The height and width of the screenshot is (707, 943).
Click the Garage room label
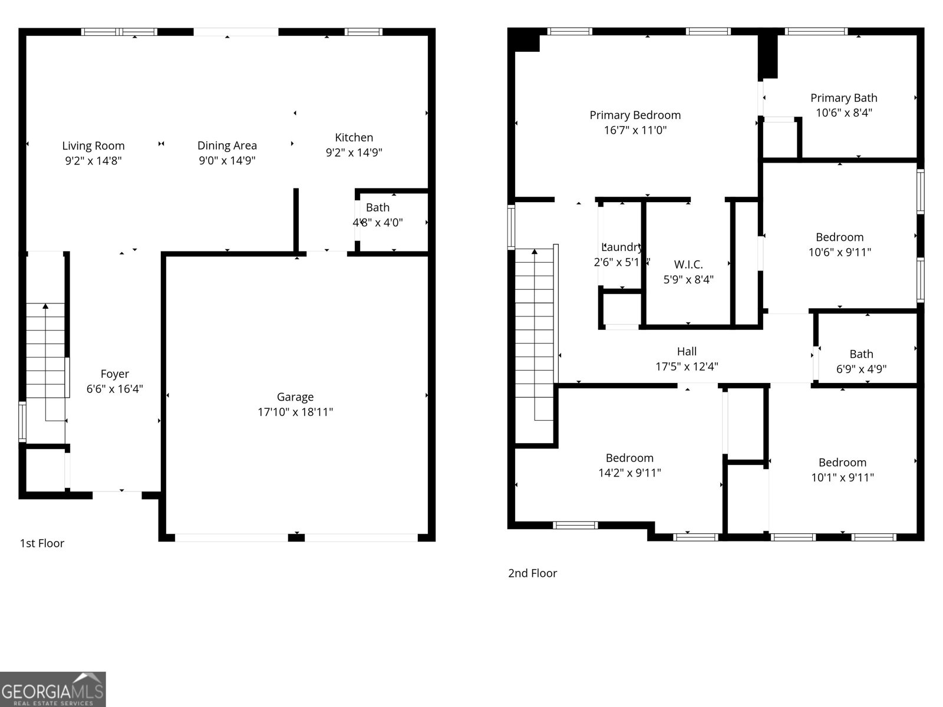coord(295,397)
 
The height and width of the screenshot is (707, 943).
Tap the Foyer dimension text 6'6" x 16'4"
coord(114,389)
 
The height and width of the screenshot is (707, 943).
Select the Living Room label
coord(93,146)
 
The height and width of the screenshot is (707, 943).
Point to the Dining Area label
coord(227,146)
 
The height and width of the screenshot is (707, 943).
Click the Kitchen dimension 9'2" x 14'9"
coord(354,153)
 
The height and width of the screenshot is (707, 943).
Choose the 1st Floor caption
coord(42,543)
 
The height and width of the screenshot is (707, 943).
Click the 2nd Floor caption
coord(532,573)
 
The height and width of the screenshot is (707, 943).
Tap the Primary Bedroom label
coord(635,115)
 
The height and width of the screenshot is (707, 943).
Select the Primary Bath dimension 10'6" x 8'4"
coord(843,113)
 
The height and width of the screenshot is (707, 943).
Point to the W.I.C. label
coord(688,265)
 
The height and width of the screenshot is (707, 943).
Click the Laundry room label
coord(622,247)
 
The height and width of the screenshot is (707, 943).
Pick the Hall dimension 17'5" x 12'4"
coord(687,366)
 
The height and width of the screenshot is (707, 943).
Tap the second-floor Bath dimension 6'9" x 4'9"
coord(861,369)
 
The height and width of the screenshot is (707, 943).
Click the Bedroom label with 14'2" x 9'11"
coord(629,458)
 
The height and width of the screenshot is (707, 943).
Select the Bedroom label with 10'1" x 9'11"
coord(842,462)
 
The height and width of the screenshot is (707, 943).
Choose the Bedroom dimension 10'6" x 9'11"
coord(839,252)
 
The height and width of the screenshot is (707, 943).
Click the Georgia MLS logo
coord(52,689)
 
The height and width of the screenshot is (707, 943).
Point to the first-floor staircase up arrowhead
coord(45,306)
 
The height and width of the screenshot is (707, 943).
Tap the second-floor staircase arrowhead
coord(535,252)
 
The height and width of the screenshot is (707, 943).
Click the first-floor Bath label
coord(377,207)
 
